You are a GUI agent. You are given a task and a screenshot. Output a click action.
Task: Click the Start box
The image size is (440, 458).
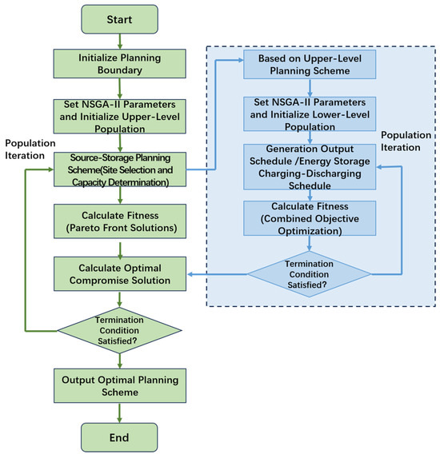click(119, 19)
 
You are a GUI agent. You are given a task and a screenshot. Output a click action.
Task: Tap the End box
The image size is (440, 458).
click(119, 437)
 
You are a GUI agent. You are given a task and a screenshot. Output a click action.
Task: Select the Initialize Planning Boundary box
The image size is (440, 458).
click(119, 64)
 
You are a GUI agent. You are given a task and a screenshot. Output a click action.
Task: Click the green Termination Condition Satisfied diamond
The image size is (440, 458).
click(119, 330)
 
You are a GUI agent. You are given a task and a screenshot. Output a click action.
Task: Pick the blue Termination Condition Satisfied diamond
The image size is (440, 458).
click(310, 274)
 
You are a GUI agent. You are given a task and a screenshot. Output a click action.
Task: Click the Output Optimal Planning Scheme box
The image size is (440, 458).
click(120, 385)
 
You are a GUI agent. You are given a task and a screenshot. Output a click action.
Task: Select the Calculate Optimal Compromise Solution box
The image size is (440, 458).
click(120, 274)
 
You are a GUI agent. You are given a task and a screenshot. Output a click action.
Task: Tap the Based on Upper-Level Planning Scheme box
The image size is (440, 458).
click(310, 64)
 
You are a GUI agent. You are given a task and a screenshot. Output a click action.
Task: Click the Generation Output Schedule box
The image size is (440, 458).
click(310, 167)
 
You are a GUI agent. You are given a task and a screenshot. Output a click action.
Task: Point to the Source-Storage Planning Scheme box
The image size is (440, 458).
click(120, 169)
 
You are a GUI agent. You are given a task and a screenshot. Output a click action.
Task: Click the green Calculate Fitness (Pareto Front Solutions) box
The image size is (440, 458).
click(120, 221)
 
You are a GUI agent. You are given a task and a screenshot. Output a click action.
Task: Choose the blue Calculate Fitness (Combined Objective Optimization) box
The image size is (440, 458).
click(310, 218)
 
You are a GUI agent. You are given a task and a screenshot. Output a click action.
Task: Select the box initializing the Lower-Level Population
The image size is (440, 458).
click(310, 114)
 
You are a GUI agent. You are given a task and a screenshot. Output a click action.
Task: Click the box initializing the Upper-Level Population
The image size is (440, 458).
click(119, 116)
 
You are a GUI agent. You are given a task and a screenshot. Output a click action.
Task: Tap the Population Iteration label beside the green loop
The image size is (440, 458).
click(30, 149)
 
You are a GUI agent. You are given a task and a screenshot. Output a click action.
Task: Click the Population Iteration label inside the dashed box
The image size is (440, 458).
click(406, 141)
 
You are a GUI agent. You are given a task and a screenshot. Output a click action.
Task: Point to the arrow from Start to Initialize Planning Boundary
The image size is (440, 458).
click(119, 42)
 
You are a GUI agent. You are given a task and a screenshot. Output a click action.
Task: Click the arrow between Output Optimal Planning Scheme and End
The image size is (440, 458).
click(119, 412)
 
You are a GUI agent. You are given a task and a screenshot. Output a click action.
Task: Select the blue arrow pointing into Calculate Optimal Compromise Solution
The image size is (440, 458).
click(218, 274)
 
